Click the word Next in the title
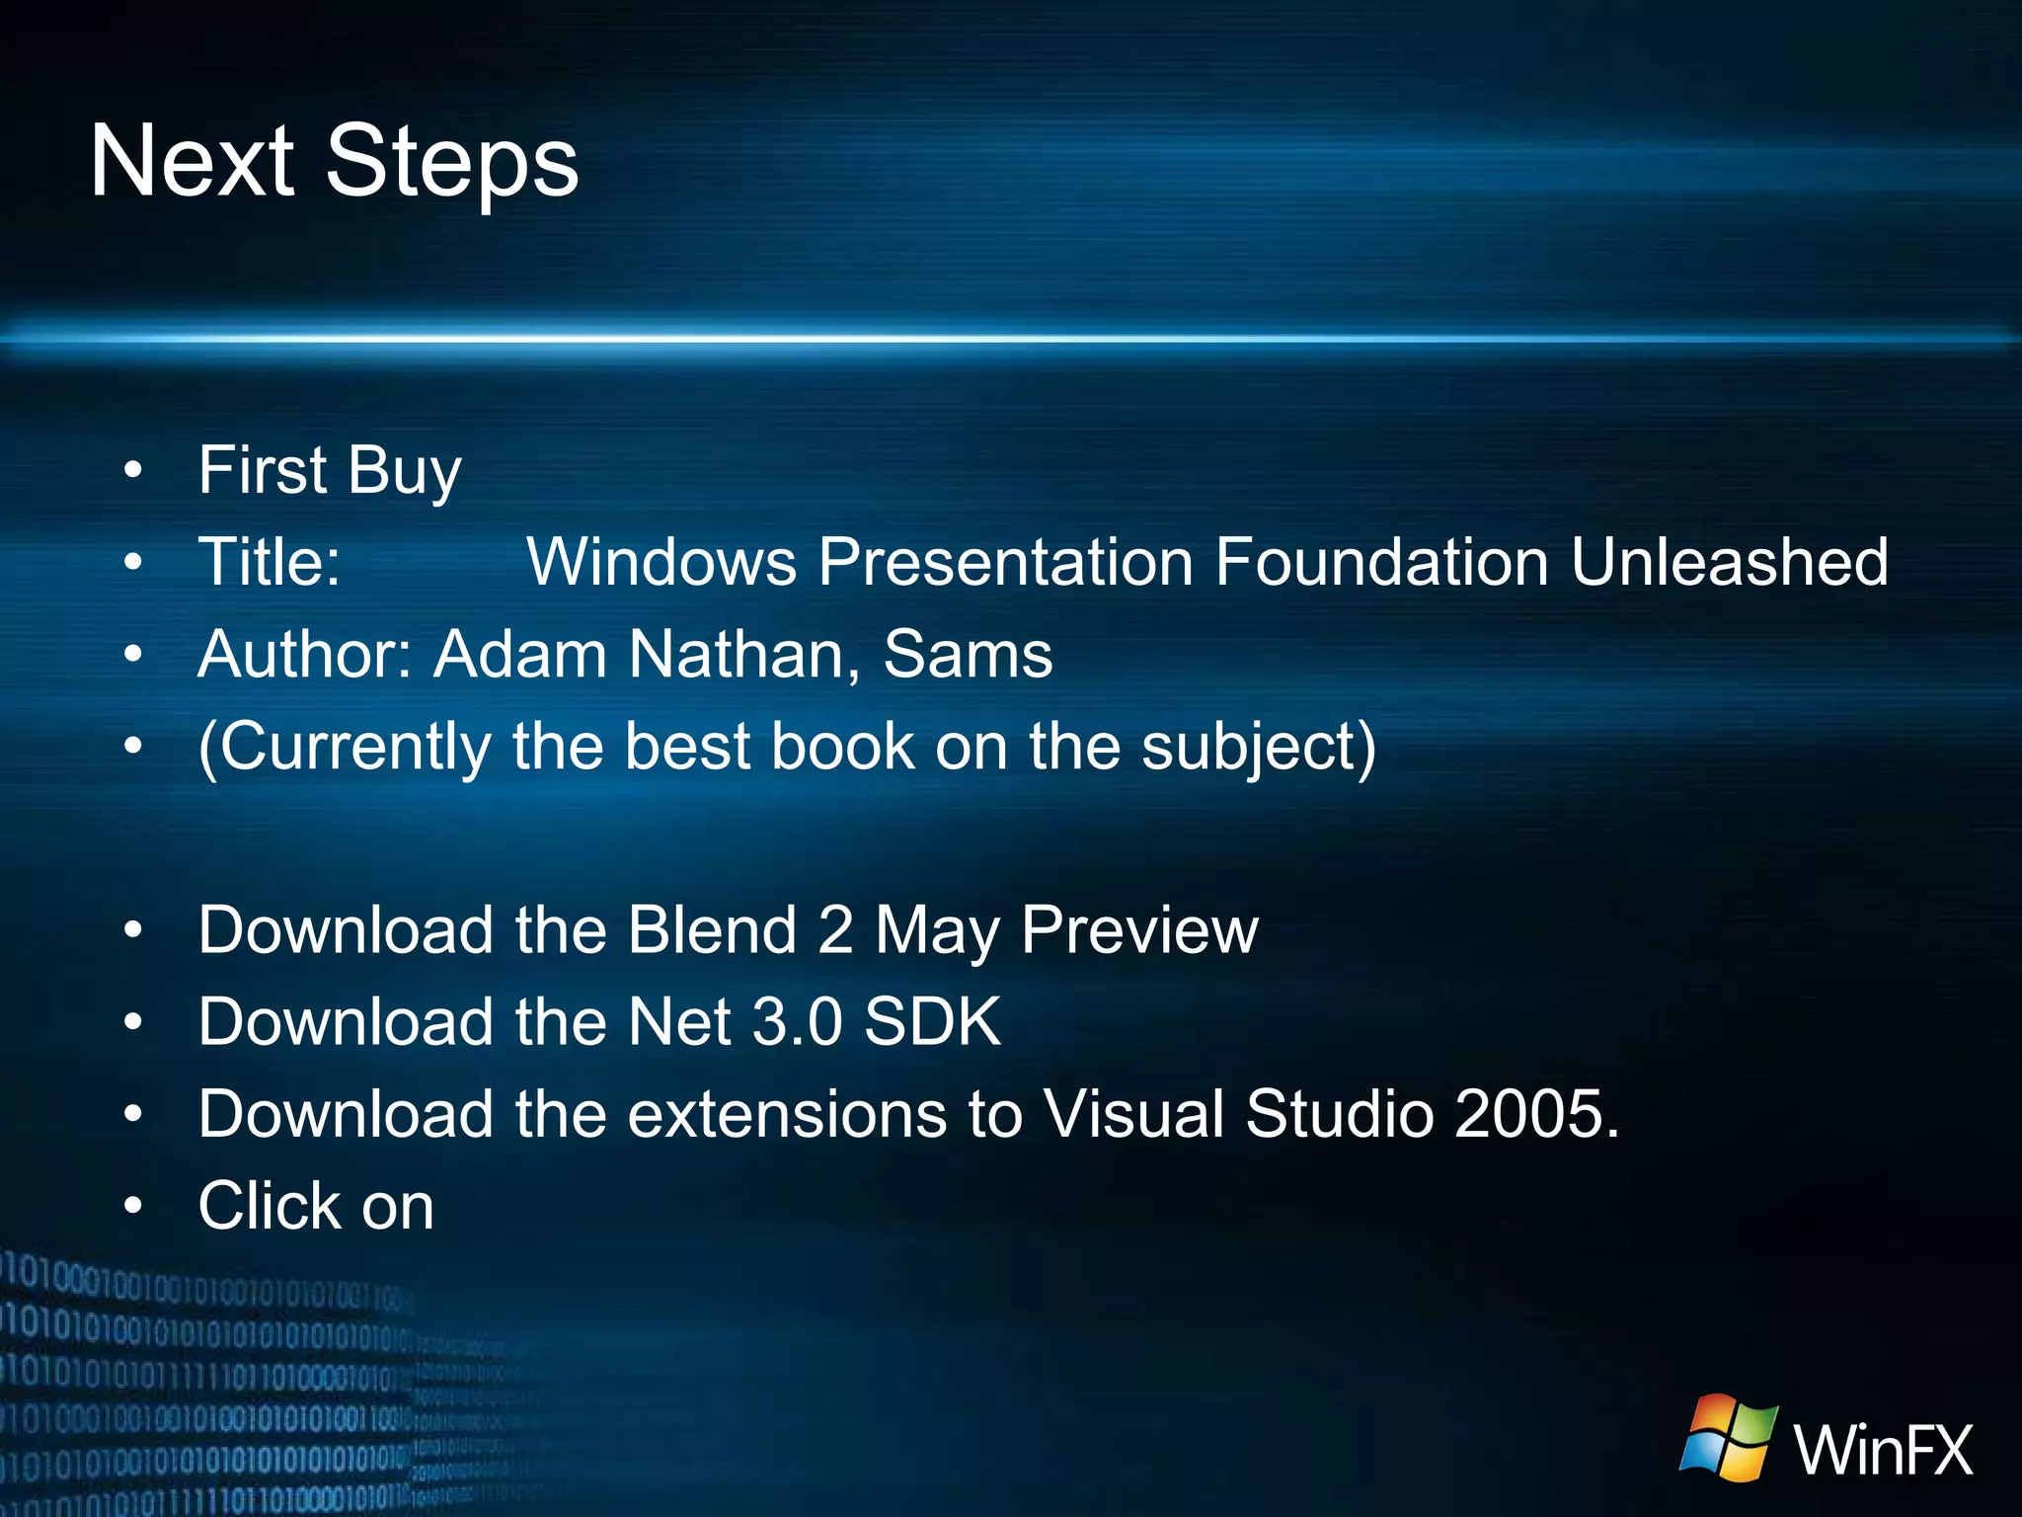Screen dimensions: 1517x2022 [x=192, y=161]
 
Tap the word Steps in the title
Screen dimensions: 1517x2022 [x=451, y=163]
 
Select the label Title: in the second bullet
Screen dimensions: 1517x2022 [x=270, y=562]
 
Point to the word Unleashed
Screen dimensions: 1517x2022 [x=1729, y=562]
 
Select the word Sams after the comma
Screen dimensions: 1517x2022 [x=968, y=655]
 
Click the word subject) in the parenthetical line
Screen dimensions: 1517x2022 [x=1259, y=748]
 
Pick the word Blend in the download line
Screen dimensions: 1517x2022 [x=712, y=930]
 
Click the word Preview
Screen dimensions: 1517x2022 [x=1139, y=930]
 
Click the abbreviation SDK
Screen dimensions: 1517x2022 [x=932, y=1022]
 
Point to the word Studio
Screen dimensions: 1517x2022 [x=1339, y=1114]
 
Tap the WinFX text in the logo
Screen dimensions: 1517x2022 [x=1883, y=1450]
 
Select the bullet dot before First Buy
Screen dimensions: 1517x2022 [x=133, y=471]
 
